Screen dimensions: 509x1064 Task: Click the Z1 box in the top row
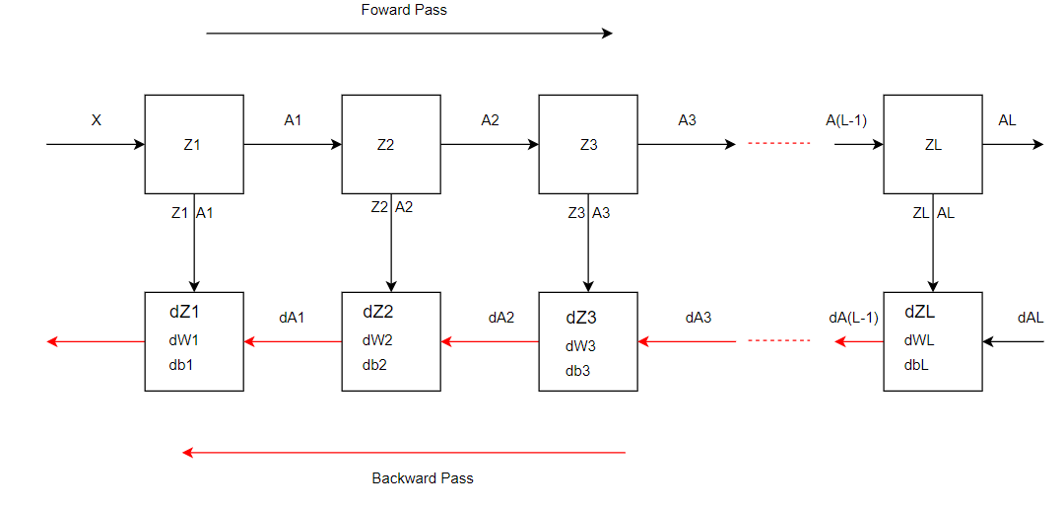[x=194, y=144]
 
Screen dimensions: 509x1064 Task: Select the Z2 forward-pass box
[x=391, y=144]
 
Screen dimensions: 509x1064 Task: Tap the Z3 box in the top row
[x=588, y=144]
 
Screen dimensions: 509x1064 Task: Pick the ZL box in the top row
[x=932, y=144]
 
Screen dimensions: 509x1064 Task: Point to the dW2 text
[x=376, y=340]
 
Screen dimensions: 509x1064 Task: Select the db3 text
[x=577, y=371]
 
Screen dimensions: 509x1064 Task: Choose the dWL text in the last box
[x=919, y=340]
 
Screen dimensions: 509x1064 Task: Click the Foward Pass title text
[x=405, y=10]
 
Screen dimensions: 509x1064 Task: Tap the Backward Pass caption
[x=423, y=478]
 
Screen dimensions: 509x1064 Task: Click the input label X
[x=97, y=120]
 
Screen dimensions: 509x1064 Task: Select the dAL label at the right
[x=1031, y=318]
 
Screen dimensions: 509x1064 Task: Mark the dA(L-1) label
[x=853, y=318]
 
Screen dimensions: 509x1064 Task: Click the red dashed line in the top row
[x=778, y=144]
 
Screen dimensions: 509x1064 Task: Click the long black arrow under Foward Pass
[x=409, y=33]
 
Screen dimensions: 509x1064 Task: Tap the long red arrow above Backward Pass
[x=404, y=453]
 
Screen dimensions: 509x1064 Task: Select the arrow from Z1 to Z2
[x=293, y=144]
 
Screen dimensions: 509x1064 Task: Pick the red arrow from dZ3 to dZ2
[x=490, y=341]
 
